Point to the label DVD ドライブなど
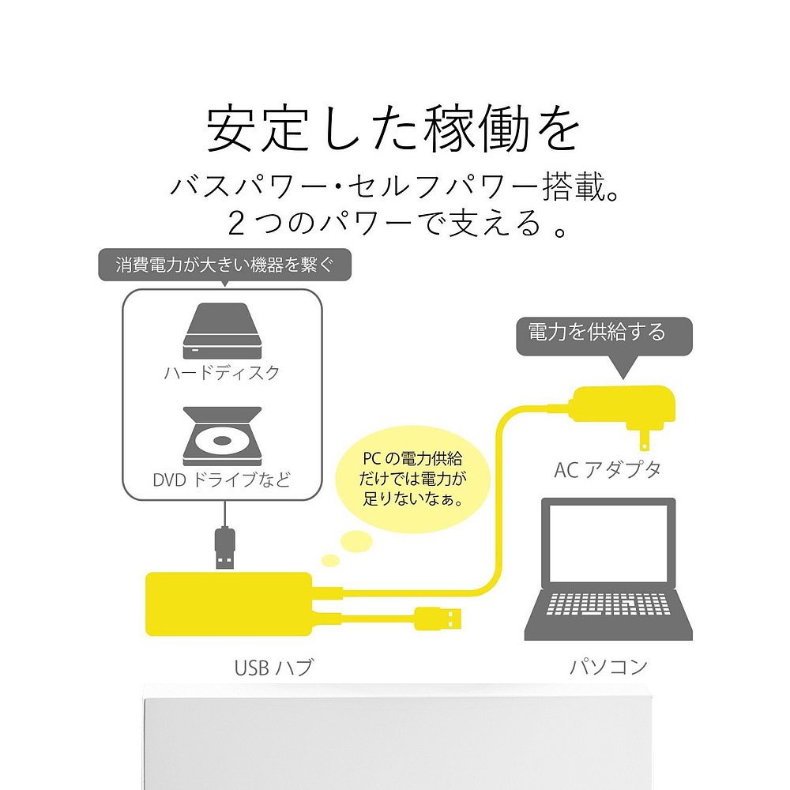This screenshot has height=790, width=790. click(x=221, y=480)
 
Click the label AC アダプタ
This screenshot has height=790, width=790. click(x=608, y=469)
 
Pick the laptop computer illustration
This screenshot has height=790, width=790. click(x=608, y=569)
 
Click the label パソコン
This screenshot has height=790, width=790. click(x=608, y=666)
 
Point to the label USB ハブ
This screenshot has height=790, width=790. click(x=273, y=667)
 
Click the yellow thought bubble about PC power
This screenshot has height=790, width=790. click(x=412, y=480)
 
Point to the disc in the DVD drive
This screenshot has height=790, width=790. click(x=221, y=440)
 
